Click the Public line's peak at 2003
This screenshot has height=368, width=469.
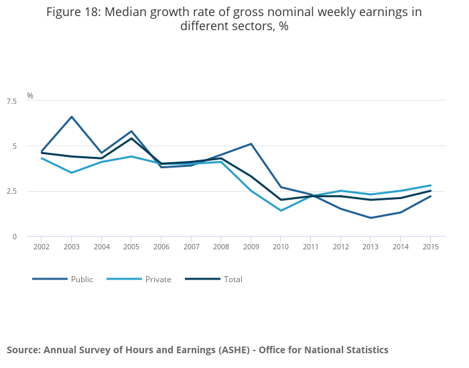pos(72,117)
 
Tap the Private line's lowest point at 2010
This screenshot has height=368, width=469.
pos(281,210)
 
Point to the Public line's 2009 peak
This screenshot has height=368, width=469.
pos(251,143)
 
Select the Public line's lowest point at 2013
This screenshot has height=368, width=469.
pos(371,218)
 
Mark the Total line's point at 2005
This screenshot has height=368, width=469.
pos(131,138)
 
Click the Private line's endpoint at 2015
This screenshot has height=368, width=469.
pos(430,185)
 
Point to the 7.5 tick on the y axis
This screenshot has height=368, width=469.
pos(11,101)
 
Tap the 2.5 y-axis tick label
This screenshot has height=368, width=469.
pos(11,191)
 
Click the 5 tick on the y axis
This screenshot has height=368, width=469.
pos(15,146)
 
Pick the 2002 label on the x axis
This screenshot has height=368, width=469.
pos(42,247)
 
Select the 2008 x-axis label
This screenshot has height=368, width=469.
pos(221,247)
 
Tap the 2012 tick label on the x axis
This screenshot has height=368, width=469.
pos(340,247)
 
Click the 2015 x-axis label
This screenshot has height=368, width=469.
pos(430,247)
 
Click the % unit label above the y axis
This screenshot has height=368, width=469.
pos(30,96)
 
